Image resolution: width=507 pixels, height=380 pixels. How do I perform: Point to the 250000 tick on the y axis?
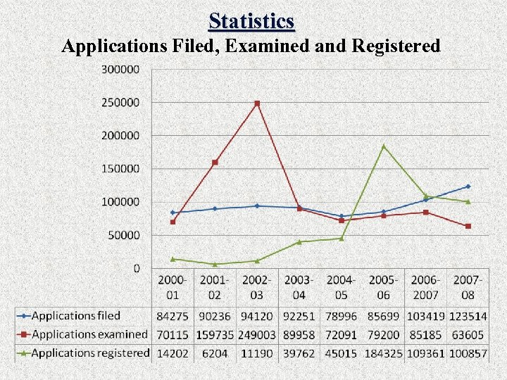pyautogui.click(x=121, y=103)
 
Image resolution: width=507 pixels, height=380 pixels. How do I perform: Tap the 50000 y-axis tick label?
pyautogui.click(x=124, y=235)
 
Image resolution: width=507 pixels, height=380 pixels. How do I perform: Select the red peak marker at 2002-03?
pyautogui.click(x=257, y=103)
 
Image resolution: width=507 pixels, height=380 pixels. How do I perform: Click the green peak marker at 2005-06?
pyautogui.click(x=384, y=146)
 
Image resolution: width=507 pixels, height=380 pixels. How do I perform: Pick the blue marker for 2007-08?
pyautogui.click(x=468, y=186)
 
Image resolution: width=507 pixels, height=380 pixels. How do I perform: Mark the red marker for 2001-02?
pyautogui.click(x=215, y=163)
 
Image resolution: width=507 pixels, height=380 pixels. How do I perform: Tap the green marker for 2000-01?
pyautogui.click(x=173, y=259)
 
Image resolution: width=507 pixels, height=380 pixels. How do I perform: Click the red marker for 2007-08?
pyautogui.click(x=468, y=226)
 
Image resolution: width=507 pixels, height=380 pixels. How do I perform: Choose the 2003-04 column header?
pyautogui.click(x=299, y=288)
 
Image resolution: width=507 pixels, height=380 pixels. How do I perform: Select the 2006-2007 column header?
pyautogui.click(x=426, y=288)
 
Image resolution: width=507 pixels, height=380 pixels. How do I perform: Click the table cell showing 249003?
pyautogui.click(x=257, y=335)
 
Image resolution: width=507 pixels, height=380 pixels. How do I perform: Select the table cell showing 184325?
pyautogui.click(x=384, y=353)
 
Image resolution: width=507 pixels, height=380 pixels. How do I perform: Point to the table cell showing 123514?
pyautogui.click(x=468, y=317)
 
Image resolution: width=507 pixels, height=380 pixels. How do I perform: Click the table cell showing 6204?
pyautogui.click(x=215, y=353)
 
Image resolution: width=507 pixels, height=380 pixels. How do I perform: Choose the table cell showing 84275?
pyautogui.click(x=173, y=317)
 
